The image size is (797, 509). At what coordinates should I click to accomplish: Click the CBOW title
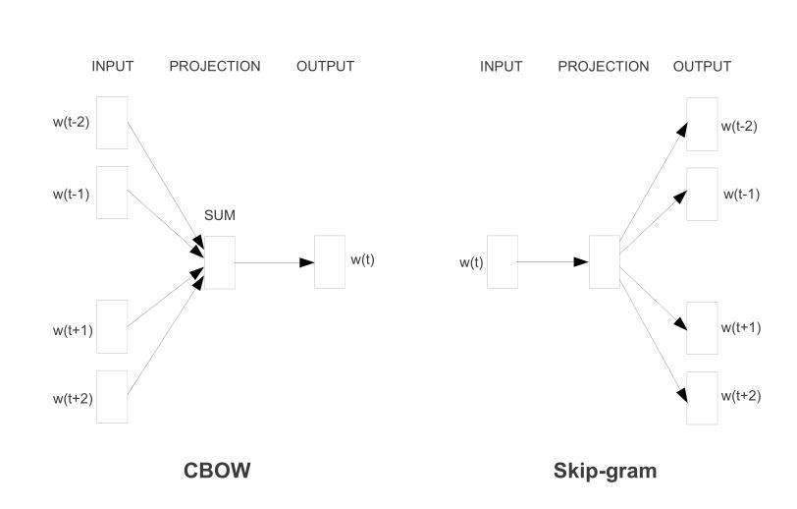click(217, 471)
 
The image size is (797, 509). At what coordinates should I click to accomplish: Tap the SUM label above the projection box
click(220, 214)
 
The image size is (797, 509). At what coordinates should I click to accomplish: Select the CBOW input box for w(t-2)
click(112, 122)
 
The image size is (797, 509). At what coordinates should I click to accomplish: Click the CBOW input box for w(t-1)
click(112, 193)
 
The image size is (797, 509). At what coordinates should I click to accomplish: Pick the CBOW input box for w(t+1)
click(112, 326)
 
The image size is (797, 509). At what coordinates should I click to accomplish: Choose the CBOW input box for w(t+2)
click(112, 396)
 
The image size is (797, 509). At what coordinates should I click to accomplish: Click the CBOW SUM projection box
click(220, 262)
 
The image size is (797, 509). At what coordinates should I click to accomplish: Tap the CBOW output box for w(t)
click(330, 262)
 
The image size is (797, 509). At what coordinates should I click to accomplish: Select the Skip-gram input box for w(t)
click(502, 262)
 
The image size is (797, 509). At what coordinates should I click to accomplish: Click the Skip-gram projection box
click(605, 262)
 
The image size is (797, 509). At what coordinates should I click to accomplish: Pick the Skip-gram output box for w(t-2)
click(702, 124)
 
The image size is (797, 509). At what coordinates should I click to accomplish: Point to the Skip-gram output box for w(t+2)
click(702, 398)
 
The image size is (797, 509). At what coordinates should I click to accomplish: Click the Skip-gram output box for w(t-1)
click(702, 194)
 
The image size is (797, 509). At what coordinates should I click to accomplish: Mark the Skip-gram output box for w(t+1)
click(702, 328)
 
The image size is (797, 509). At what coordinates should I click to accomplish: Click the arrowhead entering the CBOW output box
click(307, 262)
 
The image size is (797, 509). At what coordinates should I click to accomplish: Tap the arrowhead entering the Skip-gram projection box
click(581, 262)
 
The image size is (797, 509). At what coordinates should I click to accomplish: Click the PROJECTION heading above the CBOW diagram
click(215, 67)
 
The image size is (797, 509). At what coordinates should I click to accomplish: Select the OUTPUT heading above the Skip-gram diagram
click(702, 67)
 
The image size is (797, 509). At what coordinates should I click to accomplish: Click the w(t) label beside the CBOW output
click(362, 259)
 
